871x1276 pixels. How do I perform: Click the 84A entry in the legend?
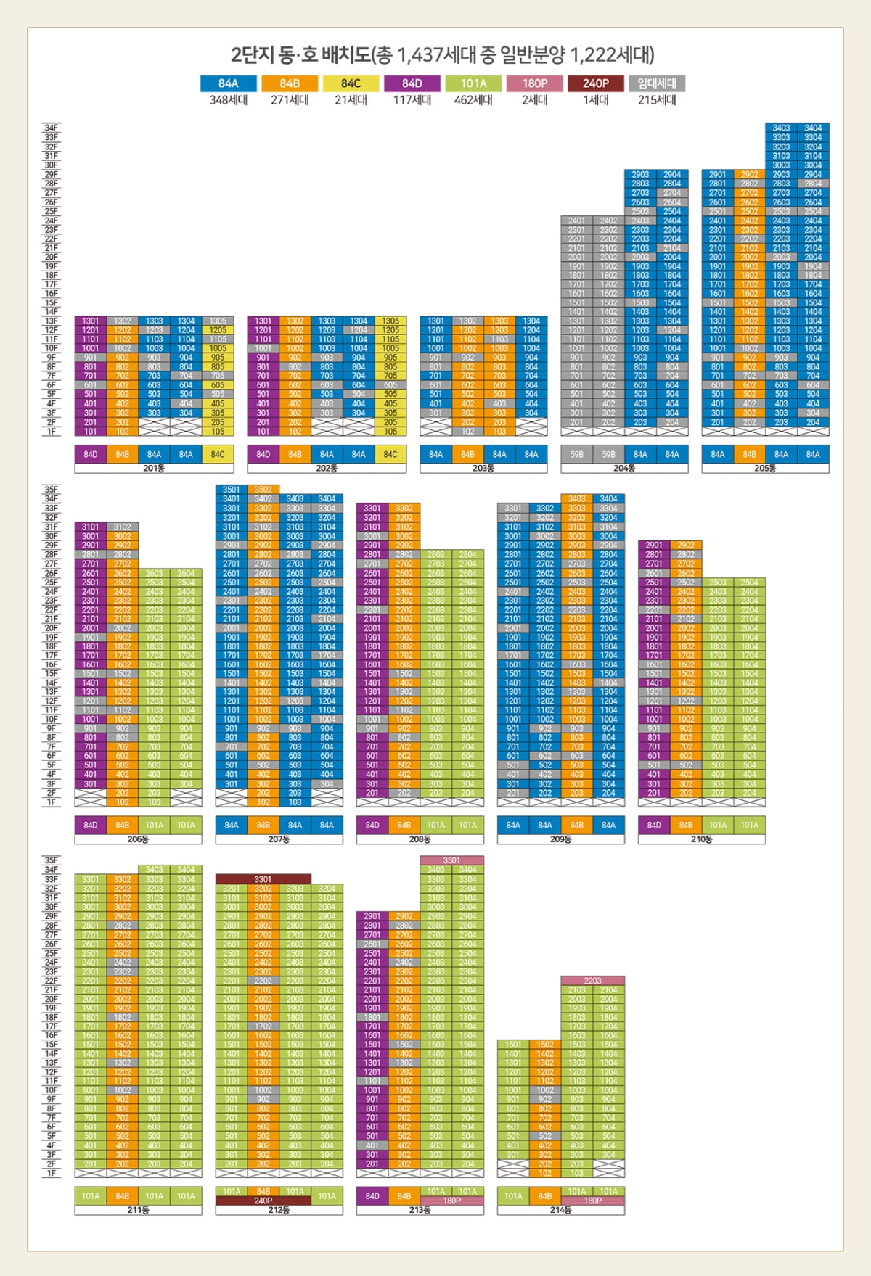[x=228, y=83]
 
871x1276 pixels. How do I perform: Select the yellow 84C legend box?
[x=351, y=83]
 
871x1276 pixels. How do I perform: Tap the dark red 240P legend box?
[x=596, y=83]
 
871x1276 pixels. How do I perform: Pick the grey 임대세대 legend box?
[x=657, y=83]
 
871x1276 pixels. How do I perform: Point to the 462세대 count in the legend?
[x=473, y=100]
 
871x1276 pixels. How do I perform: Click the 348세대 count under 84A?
[x=228, y=100]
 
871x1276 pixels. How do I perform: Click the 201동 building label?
[x=154, y=469]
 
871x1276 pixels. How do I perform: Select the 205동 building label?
[x=765, y=469]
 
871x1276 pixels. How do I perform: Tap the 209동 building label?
[x=560, y=839]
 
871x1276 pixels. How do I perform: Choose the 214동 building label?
[x=560, y=1210]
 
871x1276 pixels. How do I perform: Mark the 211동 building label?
[x=138, y=1210]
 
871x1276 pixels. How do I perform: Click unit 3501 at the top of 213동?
[x=451, y=860]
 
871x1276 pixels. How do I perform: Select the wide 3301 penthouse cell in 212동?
[x=263, y=879]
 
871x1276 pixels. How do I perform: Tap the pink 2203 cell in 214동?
[x=592, y=981]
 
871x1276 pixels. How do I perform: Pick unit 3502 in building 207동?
[x=263, y=490]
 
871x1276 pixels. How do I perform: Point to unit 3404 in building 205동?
[x=813, y=128]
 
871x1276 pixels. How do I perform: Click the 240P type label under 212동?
[x=263, y=1201]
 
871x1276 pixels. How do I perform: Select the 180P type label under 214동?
[x=592, y=1201]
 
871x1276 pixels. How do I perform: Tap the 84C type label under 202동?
[x=390, y=455]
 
